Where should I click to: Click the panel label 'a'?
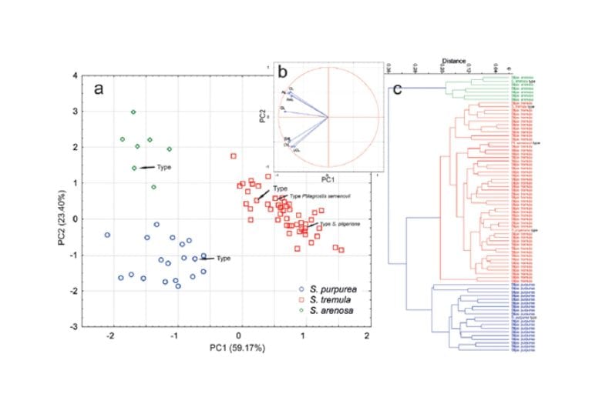pyautogui.click(x=98, y=88)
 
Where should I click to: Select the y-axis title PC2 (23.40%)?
pyautogui.click(x=60, y=202)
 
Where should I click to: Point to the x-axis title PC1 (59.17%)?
pyautogui.click(x=239, y=348)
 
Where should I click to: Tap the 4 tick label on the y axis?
pyautogui.click(x=76, y=76)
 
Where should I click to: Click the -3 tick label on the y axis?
pyautogui.click(x=74, y=327)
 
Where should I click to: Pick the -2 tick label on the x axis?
pyautogui.click(x=111, y=336)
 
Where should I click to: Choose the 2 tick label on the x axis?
pyautogui.click(x=368, y=336)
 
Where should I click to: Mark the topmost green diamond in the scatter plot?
pyautogui.click(x=133, y=112)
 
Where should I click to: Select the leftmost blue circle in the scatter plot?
pyautogui.click(x=107, y=235)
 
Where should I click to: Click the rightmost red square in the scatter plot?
pyautogui.click(x=341, y=250)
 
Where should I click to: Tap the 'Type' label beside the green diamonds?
pyautogui.click(x=163, y=166)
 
